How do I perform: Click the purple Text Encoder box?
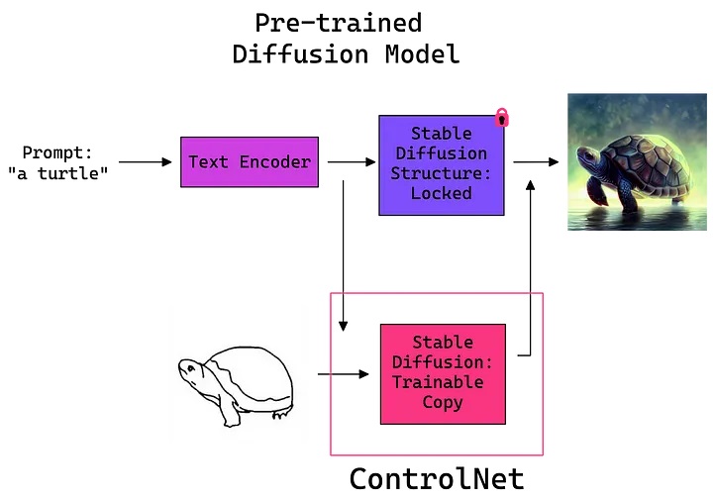tap(250, 161)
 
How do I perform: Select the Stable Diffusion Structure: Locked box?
tap(442, 165)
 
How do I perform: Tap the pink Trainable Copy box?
tap(443, 373)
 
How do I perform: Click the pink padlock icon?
tap(501, 117)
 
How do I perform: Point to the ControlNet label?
tap(437, 479)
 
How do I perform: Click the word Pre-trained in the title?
tap(339, 23)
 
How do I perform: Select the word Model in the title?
tap(423, 54)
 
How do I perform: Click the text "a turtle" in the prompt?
tap(58, 173)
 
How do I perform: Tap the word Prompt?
tap(57, 152)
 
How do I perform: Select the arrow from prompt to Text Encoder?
tap(145, 161)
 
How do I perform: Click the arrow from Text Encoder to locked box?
tap(352, 161)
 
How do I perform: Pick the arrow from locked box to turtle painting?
tap(536, 161)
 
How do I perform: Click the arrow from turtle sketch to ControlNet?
tap(344, 374)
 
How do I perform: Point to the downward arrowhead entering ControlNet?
tap(344, 326)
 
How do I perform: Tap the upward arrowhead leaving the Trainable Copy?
tap(530, 185)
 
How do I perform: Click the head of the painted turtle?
tap(587, 156)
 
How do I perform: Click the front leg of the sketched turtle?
tap(230, 411)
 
